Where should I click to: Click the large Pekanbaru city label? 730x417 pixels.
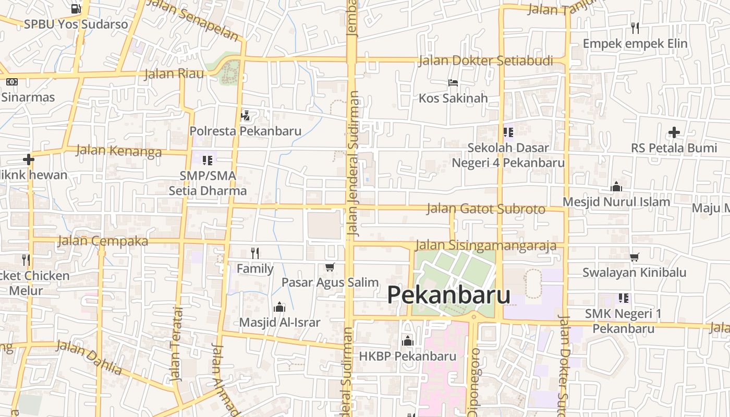tap(448, 295)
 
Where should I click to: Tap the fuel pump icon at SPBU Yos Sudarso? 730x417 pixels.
tap(76, 8)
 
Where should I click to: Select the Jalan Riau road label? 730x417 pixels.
tap(174, 73)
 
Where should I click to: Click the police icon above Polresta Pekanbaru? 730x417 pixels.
tap(245, 115)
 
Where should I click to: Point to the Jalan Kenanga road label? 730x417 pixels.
tap(119, 151)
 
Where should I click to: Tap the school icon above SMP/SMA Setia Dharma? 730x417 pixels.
tap(208, 160)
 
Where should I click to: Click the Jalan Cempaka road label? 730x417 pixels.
tap(103, 241)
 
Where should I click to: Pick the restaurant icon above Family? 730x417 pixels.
tap(255, 253)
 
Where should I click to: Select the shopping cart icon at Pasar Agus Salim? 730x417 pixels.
tap(330, 267)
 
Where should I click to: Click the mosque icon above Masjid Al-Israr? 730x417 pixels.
tap(279, 306)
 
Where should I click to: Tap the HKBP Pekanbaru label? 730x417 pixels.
tap(408, 357)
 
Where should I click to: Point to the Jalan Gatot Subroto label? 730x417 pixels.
tap(486, 209)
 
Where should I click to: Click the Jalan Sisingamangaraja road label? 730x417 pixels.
tap(486, 245)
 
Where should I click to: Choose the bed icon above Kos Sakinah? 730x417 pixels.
tap(453, 83)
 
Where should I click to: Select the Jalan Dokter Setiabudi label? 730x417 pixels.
tap(485, 61)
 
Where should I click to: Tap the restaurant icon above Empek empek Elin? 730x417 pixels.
tap(635, 28)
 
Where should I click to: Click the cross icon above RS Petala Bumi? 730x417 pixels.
tap(674, 132)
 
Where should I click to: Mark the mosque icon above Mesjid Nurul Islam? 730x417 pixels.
tap(616, 187)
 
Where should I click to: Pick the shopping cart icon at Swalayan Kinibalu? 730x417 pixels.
tap(635, 257)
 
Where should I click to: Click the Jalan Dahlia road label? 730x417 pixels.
tap(89, 357)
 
